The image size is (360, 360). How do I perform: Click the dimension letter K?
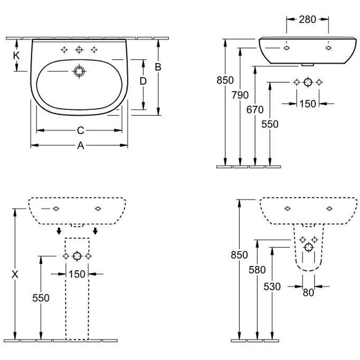(17, 56)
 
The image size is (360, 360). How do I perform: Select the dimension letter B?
(158, 67)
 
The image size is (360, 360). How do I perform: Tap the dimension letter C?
(80, 130)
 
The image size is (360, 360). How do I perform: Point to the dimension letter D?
(143, 81)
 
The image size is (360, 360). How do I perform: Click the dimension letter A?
(80, 145)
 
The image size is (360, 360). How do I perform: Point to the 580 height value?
(257, 270)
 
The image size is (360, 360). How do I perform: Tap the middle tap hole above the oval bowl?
(80, 49)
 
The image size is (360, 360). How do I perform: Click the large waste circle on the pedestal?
(77, 256)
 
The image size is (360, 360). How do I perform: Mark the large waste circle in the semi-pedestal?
(308, 247)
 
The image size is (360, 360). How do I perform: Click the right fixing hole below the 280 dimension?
(328, 47)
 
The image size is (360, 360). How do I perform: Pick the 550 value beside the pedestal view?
(41, 297)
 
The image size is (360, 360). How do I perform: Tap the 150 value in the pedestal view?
(77, 274)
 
